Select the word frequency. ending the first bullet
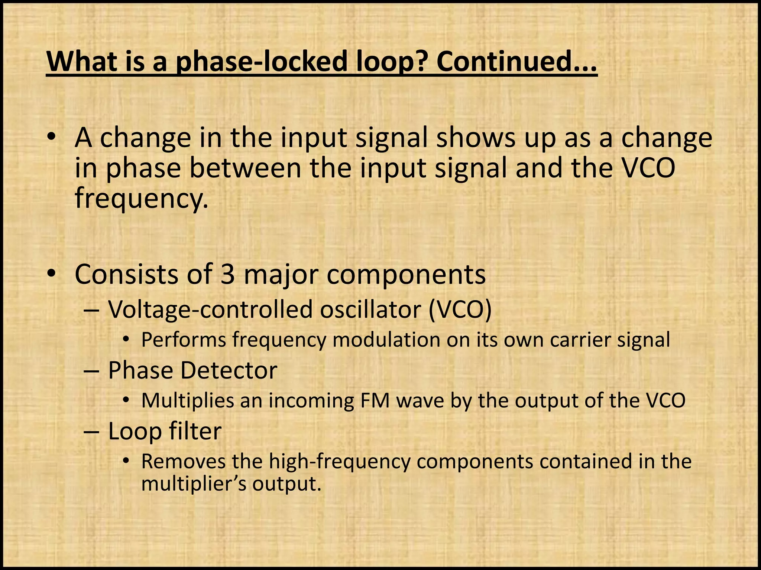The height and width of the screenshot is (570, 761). (x=141, y=198)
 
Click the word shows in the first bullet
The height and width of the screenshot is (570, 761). (x=476, y=137)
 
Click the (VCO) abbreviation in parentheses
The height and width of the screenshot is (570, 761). (x=460, y=309)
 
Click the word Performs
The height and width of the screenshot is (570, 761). (x=184, y=340)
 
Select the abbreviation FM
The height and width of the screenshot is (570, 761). (x=372, y=401)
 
